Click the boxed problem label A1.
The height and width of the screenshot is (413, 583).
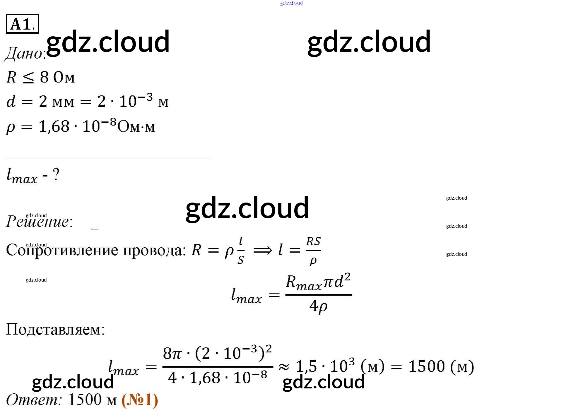tap(22, 24)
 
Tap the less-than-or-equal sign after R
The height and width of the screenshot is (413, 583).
tap(28, 78)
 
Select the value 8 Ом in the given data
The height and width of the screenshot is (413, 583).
tap(57, 77)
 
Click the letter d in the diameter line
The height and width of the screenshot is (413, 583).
tap(11, 101)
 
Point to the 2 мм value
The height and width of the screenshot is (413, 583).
tap(57, 102)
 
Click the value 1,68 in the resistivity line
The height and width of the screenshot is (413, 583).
tap(54, 126)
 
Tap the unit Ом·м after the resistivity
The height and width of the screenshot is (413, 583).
tap(136, 127)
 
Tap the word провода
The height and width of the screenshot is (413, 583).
tap(154, 251)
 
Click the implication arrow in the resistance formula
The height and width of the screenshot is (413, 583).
tap(262, 251)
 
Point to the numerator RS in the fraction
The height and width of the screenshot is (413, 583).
tap(313, 241)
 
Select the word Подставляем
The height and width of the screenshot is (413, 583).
tap(55, 330)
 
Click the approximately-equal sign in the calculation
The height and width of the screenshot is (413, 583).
tap(284, 367)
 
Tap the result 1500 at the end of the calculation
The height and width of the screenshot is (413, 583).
tap(426, 366)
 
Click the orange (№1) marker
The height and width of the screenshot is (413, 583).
tap(140, 400)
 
